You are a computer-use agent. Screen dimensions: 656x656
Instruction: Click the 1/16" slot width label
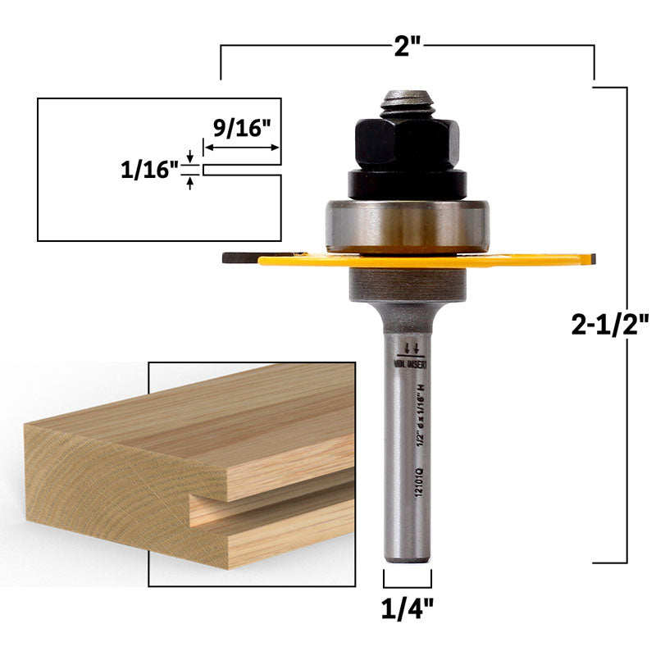(150, 170)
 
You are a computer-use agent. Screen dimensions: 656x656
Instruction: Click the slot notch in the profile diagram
(242, 170)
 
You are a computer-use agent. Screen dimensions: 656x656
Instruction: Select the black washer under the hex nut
(407, 183)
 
